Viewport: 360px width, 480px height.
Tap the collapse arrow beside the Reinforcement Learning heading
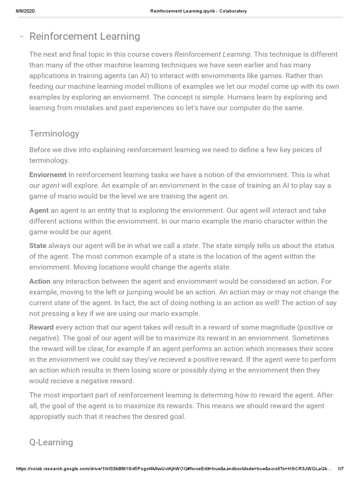21,37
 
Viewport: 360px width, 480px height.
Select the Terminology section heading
54,134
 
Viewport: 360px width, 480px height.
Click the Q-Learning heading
51,442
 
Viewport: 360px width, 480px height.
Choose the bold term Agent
39,210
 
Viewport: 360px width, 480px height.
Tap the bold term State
38,246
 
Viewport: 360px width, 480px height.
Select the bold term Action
40,281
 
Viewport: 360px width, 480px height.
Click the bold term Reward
41,327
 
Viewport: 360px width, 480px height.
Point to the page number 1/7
341,469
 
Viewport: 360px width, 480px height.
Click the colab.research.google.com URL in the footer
173,469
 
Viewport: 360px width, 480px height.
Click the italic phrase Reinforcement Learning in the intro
212,54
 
